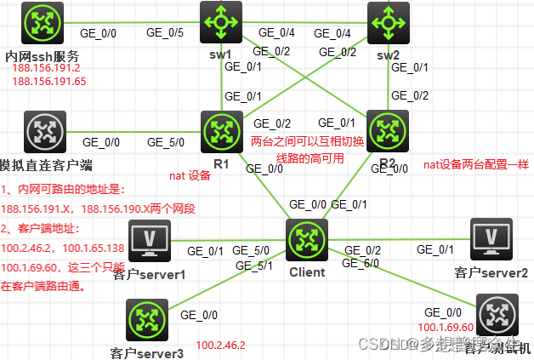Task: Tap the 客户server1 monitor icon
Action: (149, 240)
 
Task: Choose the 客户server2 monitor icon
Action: (491, 238)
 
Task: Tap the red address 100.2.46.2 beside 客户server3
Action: (220, 345)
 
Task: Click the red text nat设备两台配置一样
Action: (475, 165)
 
